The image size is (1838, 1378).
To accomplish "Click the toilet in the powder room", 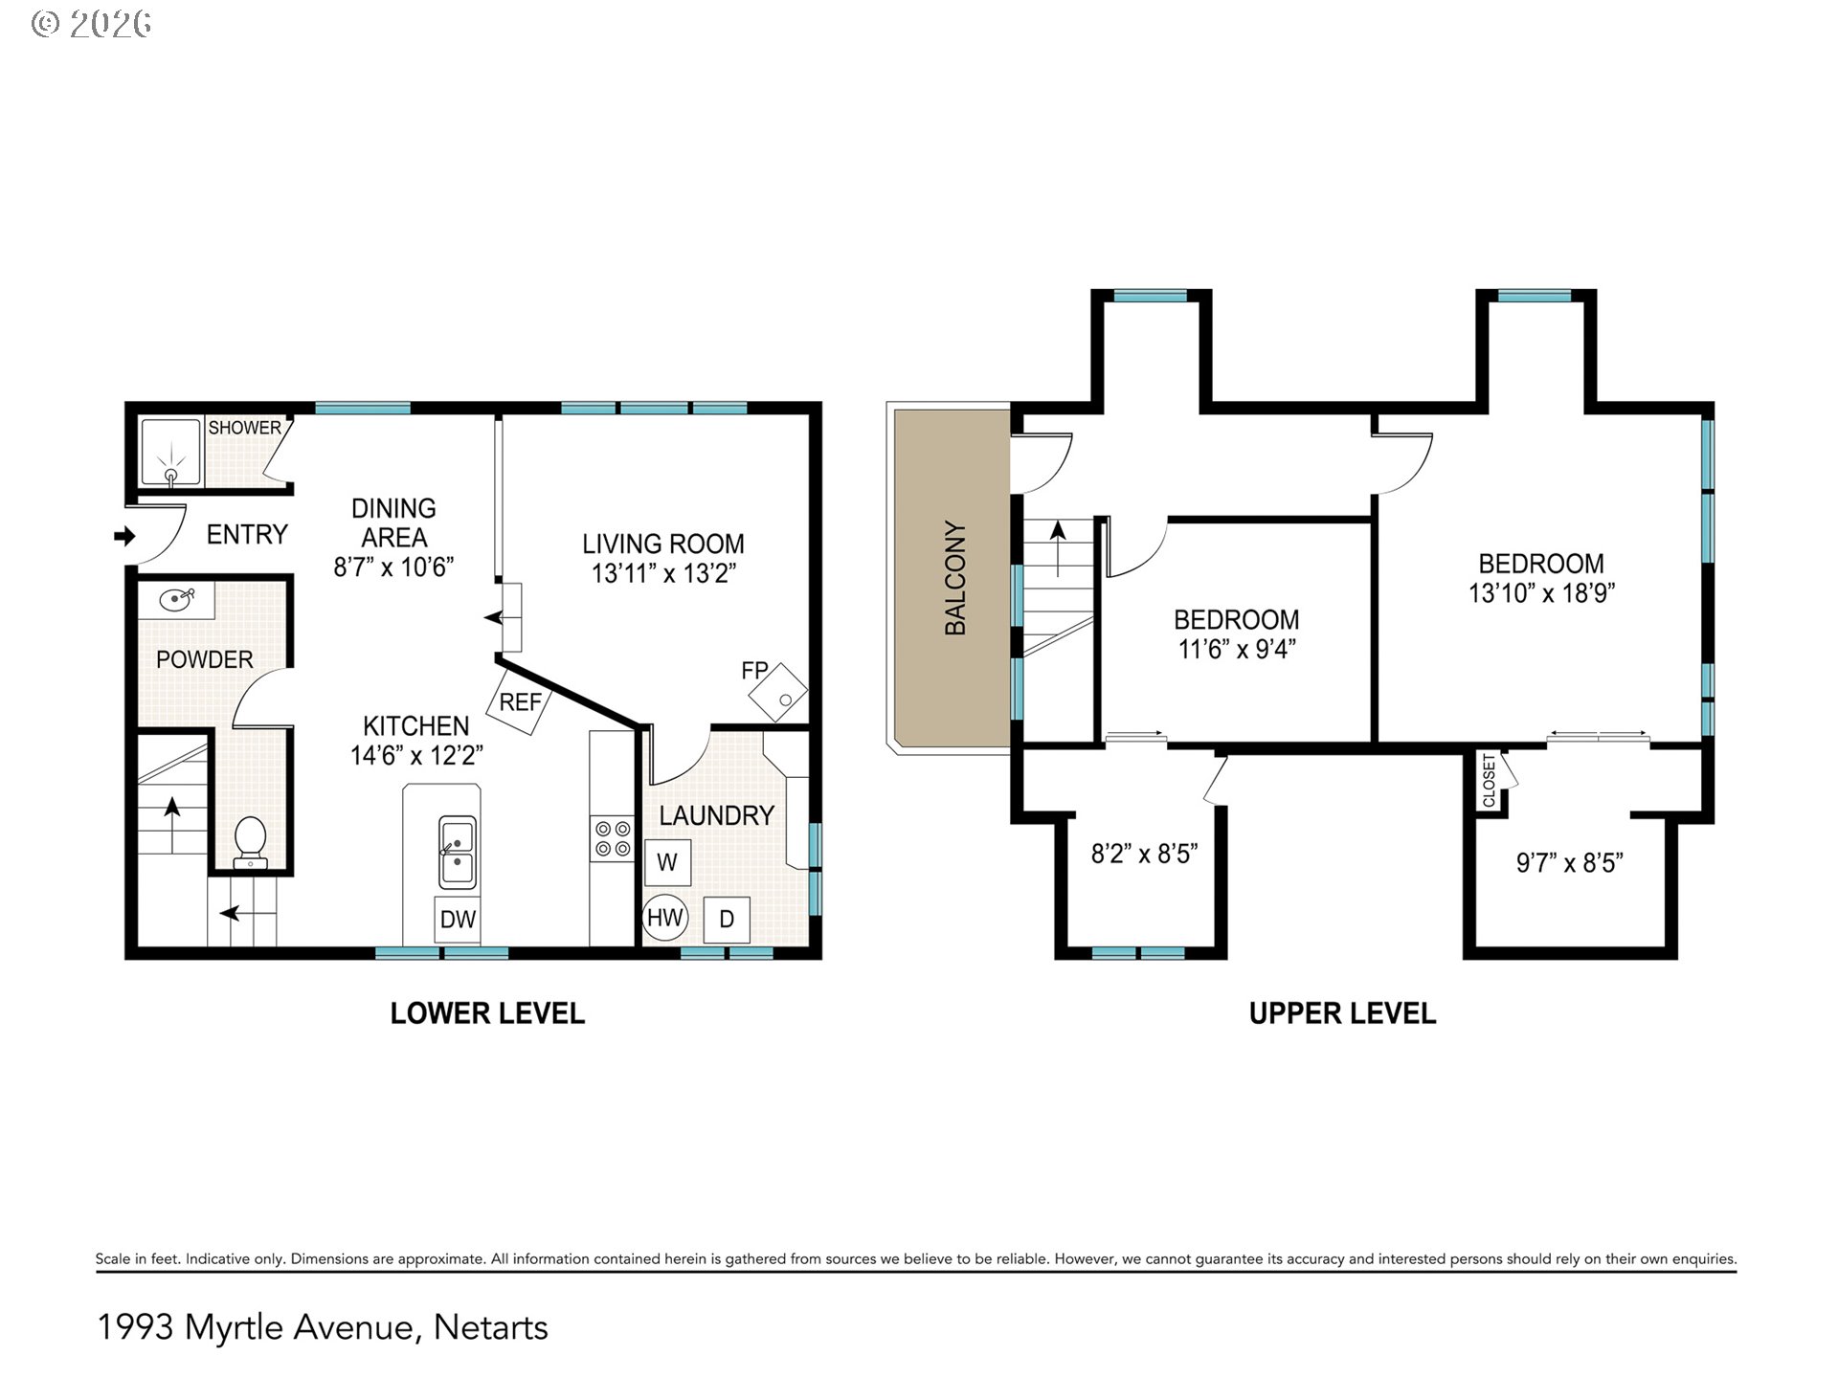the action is click(251, 842).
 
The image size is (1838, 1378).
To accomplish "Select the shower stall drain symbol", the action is click(172, 475).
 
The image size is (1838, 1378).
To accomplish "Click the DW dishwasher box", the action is click(458, 920).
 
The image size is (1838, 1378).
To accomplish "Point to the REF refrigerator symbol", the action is click(520, 701).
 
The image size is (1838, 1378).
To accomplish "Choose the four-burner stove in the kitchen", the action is click(613, 838).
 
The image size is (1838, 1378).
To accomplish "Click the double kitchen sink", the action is click(458, 853).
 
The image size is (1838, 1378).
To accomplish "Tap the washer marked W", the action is click(667, 862).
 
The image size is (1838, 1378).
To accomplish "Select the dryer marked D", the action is click(727, 920).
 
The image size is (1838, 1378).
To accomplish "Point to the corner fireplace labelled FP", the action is click(778, 692).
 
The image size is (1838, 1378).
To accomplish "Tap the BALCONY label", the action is click(955, 578).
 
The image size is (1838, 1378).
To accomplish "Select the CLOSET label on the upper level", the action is click(1489, 781).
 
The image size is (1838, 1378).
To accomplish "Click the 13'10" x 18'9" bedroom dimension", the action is click(1541, 593).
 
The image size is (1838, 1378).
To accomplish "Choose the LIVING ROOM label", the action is click(663, 544).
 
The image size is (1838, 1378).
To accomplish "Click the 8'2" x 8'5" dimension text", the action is click(1145, 854).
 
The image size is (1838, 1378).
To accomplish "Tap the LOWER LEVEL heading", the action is click(487, 1013).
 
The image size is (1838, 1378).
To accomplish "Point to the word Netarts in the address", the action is click(491, 1327).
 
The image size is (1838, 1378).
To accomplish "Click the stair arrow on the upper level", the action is click(1058, 548).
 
